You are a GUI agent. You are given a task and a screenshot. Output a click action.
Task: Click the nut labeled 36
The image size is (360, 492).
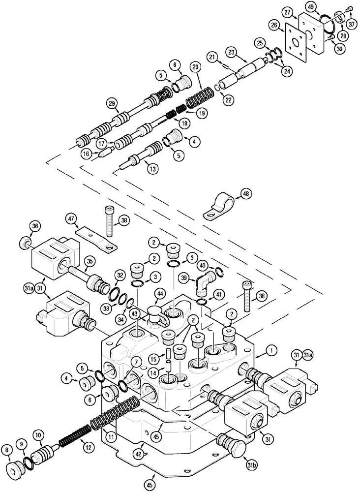click(23, 242)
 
